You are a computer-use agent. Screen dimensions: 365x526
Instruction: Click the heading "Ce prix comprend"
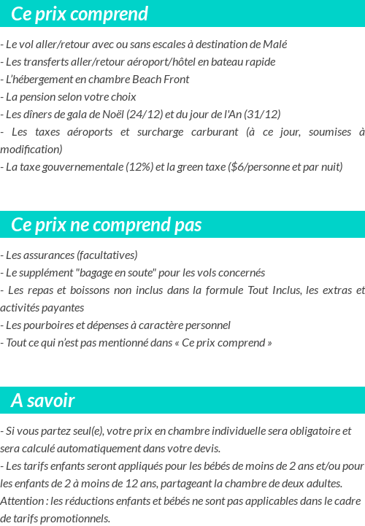(x=80, y=14)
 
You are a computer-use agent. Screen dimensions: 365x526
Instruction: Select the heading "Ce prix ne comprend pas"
(x=107, y=225)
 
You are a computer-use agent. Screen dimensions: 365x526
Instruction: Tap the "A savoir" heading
(x=43, y=401)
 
